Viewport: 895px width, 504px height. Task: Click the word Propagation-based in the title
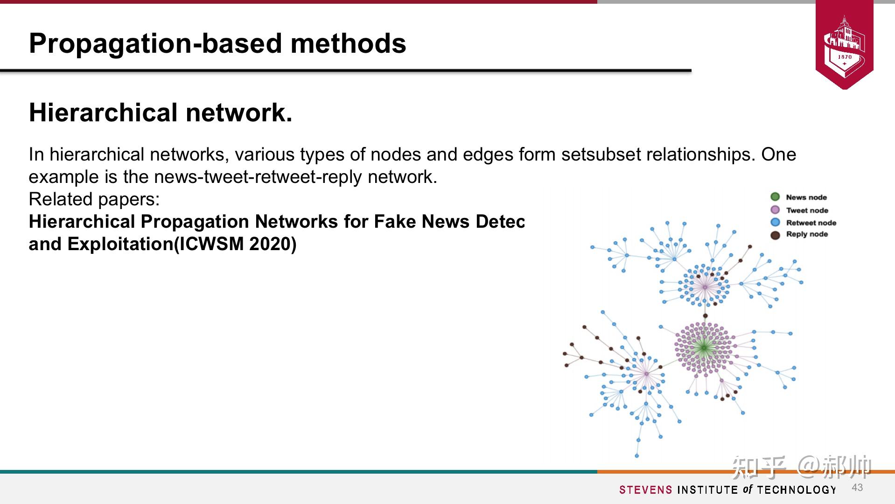155,43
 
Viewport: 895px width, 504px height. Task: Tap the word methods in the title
348,43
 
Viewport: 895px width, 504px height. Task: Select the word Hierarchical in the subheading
103,113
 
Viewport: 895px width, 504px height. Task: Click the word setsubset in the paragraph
600,154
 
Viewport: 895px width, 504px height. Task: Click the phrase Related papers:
94,199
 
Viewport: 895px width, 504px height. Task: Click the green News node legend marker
775,197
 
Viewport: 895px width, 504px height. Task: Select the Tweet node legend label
807,210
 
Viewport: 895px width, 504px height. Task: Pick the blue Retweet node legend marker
775,223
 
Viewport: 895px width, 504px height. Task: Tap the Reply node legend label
807,234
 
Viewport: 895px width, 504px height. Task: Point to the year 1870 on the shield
845,57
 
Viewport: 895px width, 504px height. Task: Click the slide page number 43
857,488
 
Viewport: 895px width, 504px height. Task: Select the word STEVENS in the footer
646,490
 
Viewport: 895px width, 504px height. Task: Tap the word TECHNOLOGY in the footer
797,490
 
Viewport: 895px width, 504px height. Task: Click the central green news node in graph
704,347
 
